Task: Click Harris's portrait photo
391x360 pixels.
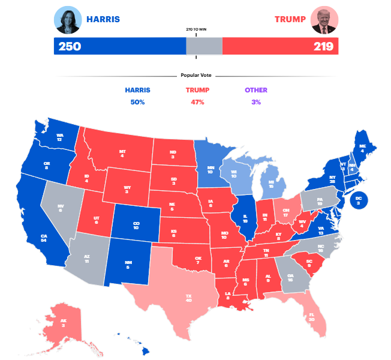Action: (68, 20)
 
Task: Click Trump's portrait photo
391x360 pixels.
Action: (324, 20)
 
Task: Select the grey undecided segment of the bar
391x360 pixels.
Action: (204, 46)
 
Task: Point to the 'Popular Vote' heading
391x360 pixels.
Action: (196, 76)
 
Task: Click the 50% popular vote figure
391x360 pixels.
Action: (137, 102)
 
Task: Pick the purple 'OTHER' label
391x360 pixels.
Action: (256, 90)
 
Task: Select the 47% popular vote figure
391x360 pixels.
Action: (196, 102)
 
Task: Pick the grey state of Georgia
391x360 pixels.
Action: (291, 277)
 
